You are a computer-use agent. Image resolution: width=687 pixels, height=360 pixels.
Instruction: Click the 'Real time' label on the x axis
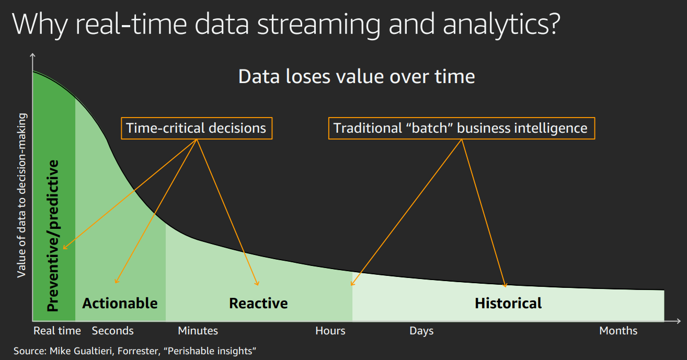[x=57, y=331]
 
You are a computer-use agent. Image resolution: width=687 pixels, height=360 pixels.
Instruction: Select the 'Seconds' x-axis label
[x=112, y=331]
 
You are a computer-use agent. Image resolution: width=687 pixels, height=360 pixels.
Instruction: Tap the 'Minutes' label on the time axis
[x=198, y=331]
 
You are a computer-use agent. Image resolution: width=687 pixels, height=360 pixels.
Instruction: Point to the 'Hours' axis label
[x=330, y=331]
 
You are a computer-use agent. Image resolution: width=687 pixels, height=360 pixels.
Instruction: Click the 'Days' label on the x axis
[x=421, y=331]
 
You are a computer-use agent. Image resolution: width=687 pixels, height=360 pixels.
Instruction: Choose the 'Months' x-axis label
[x=619, y=331]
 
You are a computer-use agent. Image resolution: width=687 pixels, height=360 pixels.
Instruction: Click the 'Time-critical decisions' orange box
[x=197, y=129]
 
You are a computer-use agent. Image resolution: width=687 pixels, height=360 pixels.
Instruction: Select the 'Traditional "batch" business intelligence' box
[x=462, y=129]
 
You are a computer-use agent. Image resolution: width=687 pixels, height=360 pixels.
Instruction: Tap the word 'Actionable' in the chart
[x=120, y=304]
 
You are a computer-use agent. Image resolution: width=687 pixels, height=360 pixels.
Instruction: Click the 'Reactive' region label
[x=258, y=304]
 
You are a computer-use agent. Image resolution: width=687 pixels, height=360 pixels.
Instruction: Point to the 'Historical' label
[x=508, y=304]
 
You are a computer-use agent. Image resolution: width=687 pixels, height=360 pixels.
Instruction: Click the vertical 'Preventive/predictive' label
[x=53, y=235]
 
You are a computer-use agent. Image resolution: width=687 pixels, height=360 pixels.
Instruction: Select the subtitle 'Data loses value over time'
[x=357, y=77]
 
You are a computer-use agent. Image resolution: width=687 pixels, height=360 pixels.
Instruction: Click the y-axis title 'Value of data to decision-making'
[x=21, y=195]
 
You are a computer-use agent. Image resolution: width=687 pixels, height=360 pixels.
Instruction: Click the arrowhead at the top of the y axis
[x=32, y=55]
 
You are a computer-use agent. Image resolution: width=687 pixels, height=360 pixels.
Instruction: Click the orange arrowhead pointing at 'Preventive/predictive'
[x=65, y=247]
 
